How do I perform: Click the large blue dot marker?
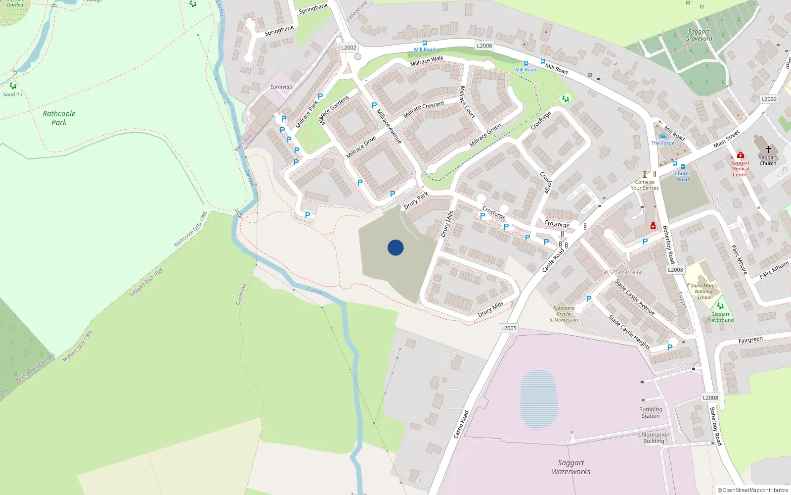pos(395,247)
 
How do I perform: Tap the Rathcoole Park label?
pos(59,118)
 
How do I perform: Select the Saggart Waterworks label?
pos(571,467)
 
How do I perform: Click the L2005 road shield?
pos(509,328)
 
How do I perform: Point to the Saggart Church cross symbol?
pos(768,149)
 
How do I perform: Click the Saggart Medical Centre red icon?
pos(740,155)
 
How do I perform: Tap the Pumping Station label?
pos(651,413)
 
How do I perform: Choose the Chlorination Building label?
pos(654,438)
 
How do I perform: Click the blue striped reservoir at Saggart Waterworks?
pos(539,399)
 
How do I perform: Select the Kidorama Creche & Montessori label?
pos(564,314)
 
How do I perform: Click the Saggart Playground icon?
pos(720,306)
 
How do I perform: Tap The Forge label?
pos(662,143)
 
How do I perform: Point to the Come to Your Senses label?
pos(645,185)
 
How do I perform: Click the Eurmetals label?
pos(281,87)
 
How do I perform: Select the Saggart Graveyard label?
pos(699,35)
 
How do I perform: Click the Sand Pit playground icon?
pos(13,86)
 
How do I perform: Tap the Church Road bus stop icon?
pos(683,167)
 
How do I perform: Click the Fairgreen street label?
pos(750,340)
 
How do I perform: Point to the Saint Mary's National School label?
pos(704,292)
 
